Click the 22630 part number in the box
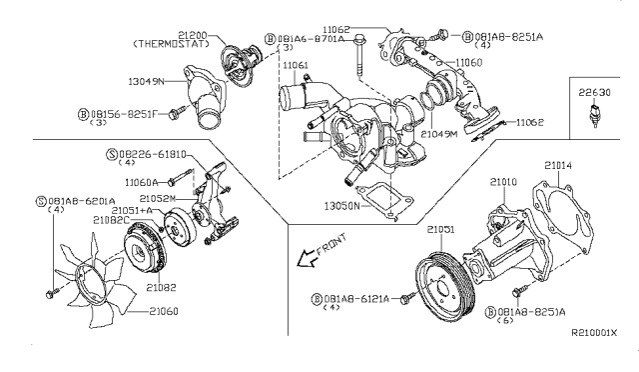597,90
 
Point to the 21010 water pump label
505,181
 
